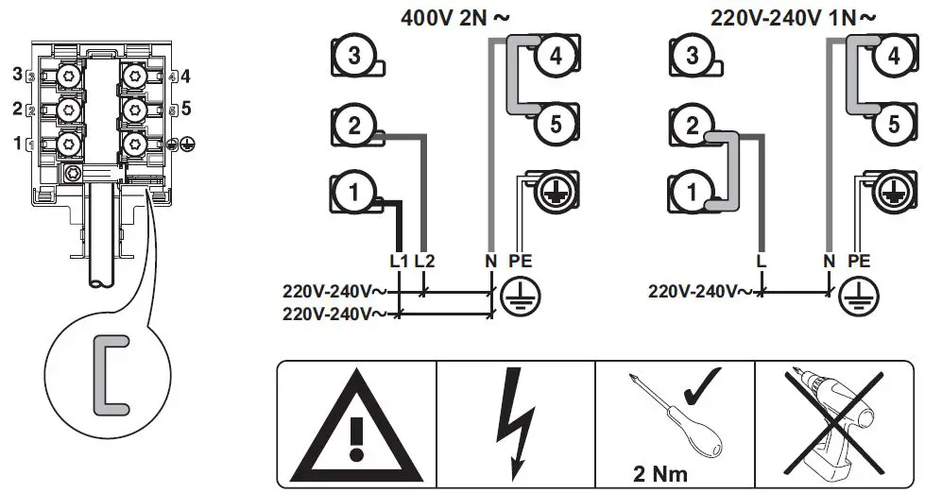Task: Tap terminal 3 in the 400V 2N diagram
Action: click(353, 56)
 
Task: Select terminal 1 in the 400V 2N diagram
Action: click(353, 194)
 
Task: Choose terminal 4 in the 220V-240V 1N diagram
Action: click(893, 56)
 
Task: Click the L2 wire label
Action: click(426, 259)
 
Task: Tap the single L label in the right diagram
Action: click(761, 259)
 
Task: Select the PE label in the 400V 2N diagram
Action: click(522, 259)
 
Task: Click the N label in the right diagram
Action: click(830, 259)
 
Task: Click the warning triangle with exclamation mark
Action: click(357, 425)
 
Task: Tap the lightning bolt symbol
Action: click(516, 423)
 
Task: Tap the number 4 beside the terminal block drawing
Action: click(186, 76)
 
